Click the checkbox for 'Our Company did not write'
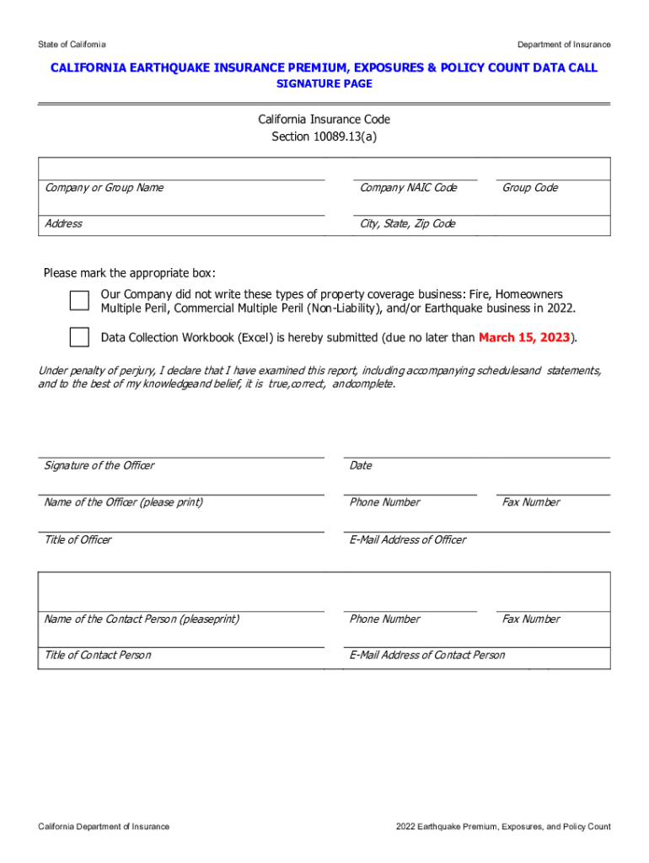tap(79, 301)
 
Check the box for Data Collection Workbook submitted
tap(79, 337)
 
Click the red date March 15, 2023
tap(524, 338)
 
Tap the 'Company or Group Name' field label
tap(104, 188)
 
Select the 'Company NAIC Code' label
tap(408, 188)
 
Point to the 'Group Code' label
tap(530, 188)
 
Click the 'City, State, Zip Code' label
tap(407, 224)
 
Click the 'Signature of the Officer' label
tap(99, 466)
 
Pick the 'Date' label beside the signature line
tap(361, 466)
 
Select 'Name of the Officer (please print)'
tap(123, 502)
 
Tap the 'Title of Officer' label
tap(78, 540)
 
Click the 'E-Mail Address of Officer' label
tap(407, 540)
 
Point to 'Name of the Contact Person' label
tap(141, 619)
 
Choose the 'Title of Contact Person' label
tap(98, 656)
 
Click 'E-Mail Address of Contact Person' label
tap(427, 656)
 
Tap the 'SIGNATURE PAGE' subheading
tap(324, 84)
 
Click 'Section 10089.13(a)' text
tap(324, 137)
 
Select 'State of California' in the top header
tap(72, 45)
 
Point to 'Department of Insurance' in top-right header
tap(564, 45)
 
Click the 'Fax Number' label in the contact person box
tap(531, 619)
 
